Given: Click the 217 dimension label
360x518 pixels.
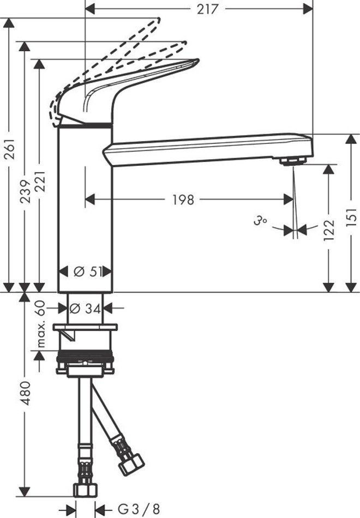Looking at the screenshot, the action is click(x=208, y=9).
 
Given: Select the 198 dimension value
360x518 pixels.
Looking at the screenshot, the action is click(x=183, y=200).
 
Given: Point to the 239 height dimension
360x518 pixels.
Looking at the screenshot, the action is click(x=25, y=191).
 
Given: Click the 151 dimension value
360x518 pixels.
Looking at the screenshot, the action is click(x=352, y=216).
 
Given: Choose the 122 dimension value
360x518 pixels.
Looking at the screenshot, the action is click(x=329, y=229).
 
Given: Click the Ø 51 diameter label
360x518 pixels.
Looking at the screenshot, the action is click(x=87, y=272).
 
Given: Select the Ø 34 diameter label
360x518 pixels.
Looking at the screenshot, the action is click(x=86, y=309).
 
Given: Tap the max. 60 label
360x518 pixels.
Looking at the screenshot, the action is click(x=40, y=324).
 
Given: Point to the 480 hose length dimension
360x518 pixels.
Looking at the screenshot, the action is click(x=25, y=393).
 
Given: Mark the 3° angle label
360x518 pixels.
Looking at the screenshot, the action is click(x=261, y=221).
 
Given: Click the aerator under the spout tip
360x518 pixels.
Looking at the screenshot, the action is click(x=293, y=161).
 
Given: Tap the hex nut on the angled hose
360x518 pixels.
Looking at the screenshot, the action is click(x=131, y=464).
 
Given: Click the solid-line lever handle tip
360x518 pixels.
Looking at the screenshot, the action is click(x=197, y=61).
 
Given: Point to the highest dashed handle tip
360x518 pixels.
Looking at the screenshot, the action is click(x=159, y=19).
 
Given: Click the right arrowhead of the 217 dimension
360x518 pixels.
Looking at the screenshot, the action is click(x=308, y=9).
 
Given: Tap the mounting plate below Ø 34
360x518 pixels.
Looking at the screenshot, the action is click(x=85, y=327).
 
